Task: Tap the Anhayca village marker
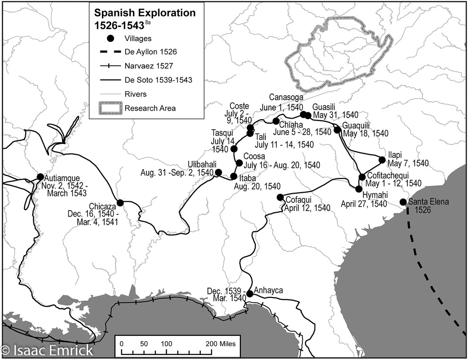(250, 293)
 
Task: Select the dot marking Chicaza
(120, 202)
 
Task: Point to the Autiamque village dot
(40, 177)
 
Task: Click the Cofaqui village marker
(280, 197)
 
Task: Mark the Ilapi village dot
(382, 160)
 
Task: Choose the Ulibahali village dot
(219, 172)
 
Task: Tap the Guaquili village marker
(337, 130)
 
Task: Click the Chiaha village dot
(276, 121)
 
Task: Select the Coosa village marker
(239, 163)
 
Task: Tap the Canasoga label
(287, 98)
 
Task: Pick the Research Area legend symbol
(110, 108)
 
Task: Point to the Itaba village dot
(234, 176)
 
